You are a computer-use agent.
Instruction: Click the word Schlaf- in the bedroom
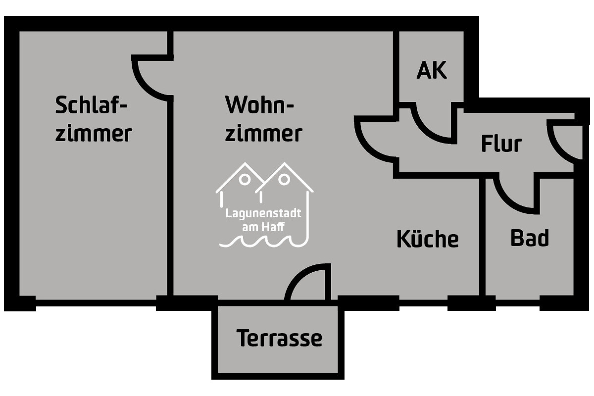(92, 105)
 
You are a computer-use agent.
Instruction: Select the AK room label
(432, 70)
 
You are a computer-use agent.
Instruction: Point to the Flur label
(501, 144)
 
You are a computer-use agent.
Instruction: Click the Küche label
(428, 239)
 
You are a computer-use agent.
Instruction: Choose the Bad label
(530, 238)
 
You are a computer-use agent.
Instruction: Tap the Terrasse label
(279, 338)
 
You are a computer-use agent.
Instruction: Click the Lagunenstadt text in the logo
(263, 213)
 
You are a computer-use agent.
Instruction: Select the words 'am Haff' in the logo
(263, 227)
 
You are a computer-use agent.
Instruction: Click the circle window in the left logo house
(245, 180)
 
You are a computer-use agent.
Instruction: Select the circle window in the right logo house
(284, 180)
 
